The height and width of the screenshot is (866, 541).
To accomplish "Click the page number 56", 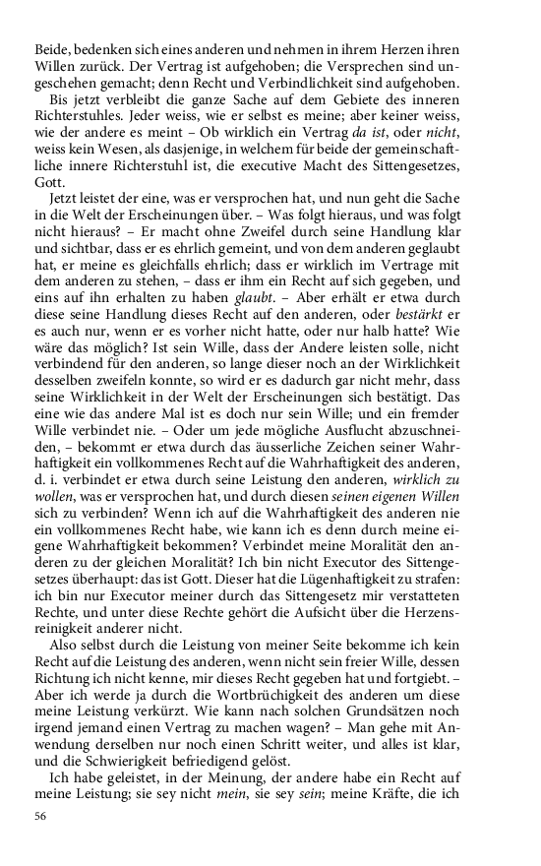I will tap(40, 816).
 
